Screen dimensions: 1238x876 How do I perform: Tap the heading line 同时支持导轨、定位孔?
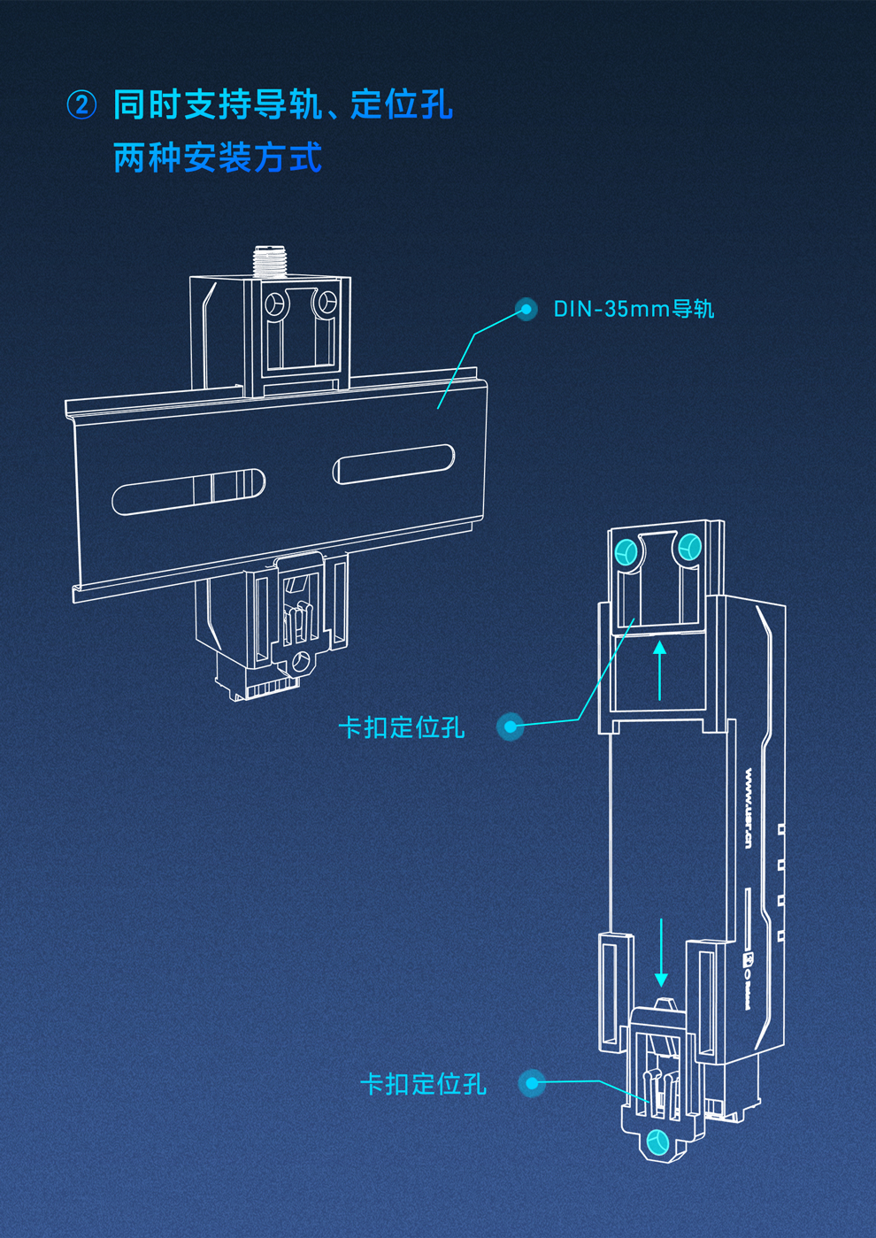(x=282, y=105)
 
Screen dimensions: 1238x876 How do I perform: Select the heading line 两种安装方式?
(x=217, y=158)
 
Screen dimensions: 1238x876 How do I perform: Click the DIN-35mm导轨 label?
(x=634, y=309)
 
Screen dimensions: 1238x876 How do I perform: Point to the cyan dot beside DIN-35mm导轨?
(x=526, y=309)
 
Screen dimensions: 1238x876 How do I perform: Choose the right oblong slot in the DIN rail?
(x=394, y=464)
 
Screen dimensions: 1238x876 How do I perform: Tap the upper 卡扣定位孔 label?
(x=402, y=727)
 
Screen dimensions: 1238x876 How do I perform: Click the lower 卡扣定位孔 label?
(x=423, y=1084)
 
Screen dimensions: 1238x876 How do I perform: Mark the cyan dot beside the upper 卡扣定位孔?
(x=511, y=727)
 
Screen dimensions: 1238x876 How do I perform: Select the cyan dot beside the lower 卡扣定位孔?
(x=532, y=1083)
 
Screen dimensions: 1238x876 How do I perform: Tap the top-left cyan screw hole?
(x=626, y=552)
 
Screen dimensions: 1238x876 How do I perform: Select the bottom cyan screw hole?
(x=657, y=1142)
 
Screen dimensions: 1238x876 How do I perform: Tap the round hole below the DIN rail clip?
(x=302, y=660)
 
